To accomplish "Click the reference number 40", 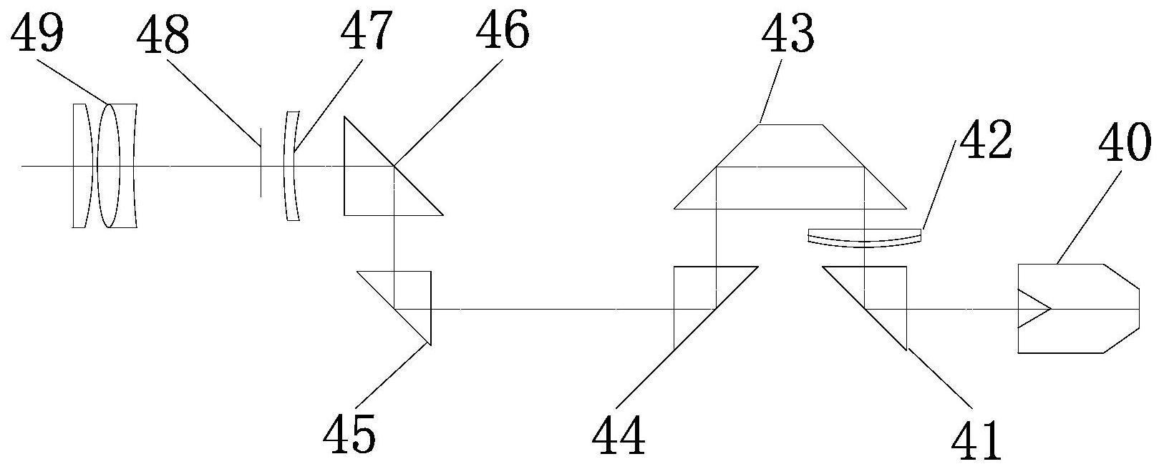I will [1124, 147].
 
